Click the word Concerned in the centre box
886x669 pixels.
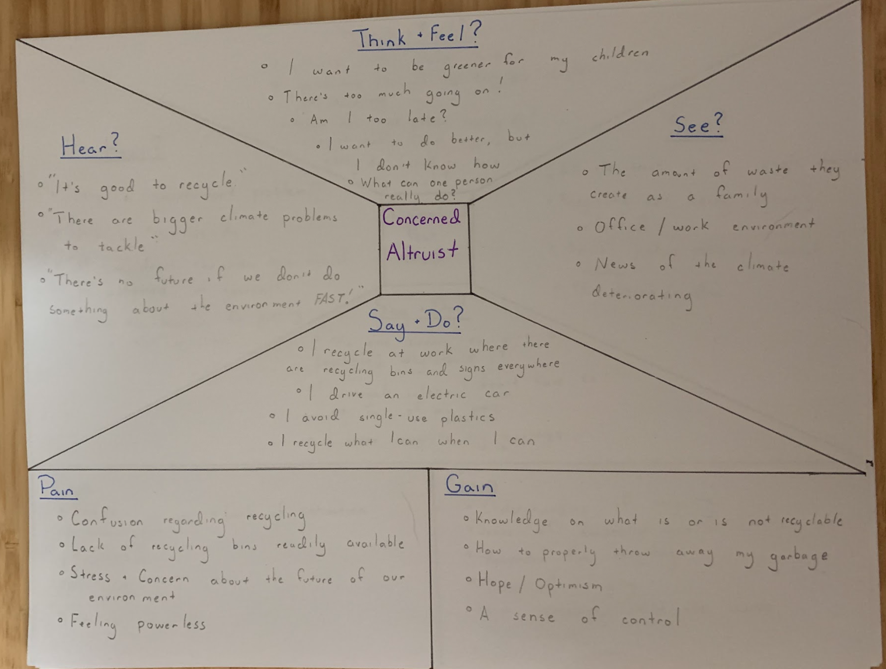point(421,218)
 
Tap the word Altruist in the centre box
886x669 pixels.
point(422,252)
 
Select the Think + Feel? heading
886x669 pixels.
point(417,37)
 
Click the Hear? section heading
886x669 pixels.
point(90,145)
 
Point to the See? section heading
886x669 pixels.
point(697,125)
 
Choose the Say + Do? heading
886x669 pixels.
point(415,322)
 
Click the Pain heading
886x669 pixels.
point(57,487)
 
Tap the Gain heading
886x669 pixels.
point(469,485)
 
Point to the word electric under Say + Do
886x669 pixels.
point(441,395)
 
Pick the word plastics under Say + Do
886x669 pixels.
point(467,417)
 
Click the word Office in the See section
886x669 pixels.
point(620,227)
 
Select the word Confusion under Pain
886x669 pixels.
point(107,519)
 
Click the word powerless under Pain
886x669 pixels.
point(171,625)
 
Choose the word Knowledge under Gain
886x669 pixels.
point(511,519)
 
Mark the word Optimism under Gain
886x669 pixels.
point(568,585)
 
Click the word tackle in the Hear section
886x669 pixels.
point(121,247)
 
